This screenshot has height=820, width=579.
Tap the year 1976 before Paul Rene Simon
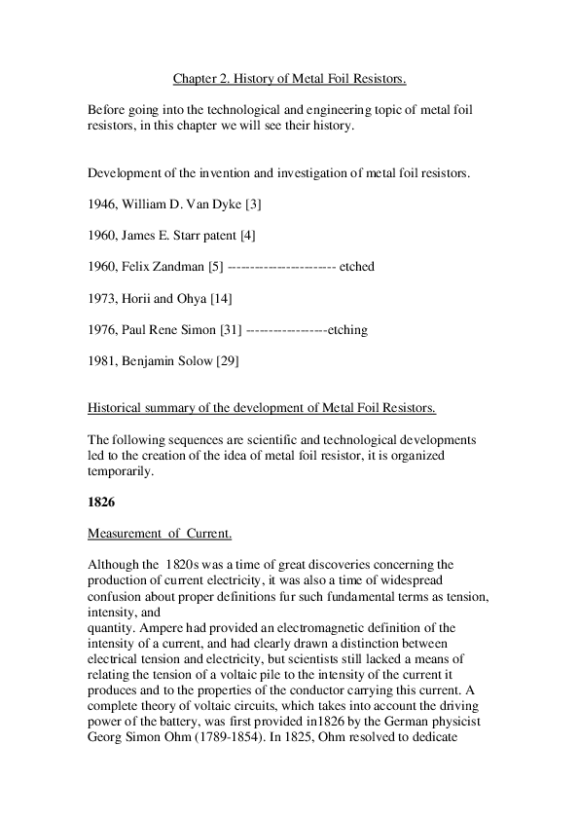click(x=101, y=329)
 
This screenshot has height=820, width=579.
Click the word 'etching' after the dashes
click(x=347, y=329)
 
